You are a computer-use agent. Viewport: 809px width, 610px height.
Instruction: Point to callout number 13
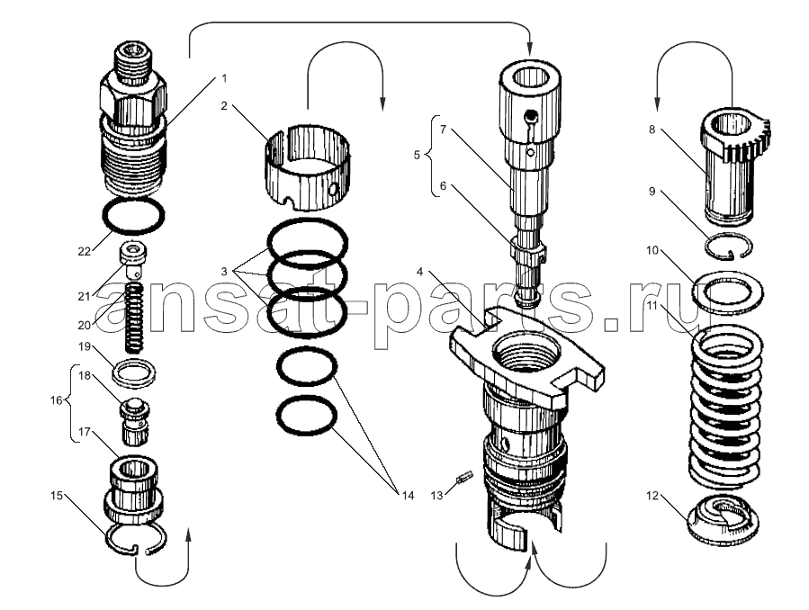436,494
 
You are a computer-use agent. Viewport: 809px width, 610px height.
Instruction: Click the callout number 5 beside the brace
417,155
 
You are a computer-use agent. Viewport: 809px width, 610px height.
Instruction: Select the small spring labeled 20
135,319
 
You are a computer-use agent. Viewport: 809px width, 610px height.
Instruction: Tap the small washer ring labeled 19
134,370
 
